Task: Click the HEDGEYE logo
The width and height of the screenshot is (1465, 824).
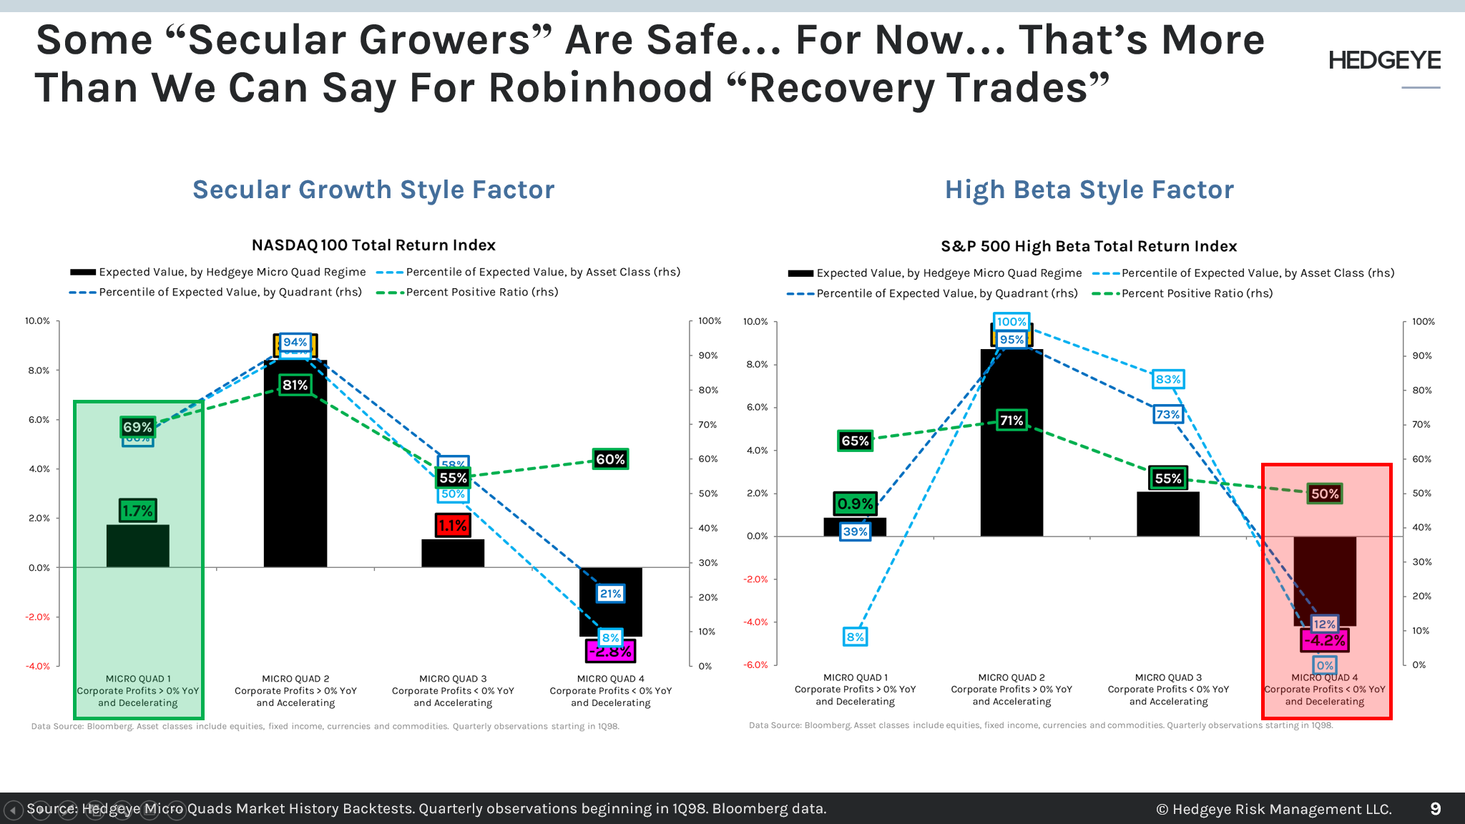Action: coord(1384,61)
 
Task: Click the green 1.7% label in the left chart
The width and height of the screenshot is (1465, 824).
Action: coord(137,511)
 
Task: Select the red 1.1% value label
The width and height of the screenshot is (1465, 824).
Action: coord(452,526)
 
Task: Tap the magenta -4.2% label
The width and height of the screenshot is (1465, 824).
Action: coord(1324,641)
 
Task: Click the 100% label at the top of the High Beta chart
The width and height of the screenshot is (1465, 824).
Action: coord(1011,322)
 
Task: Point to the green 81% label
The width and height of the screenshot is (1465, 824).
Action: coord(295,386)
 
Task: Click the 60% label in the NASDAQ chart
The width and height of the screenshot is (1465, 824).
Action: coord(610,459)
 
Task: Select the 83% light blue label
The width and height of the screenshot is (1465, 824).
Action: coord(1167,379)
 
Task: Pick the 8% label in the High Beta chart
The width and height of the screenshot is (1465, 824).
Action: coord(855,637)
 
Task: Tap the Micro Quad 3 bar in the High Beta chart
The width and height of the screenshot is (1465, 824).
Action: coord(1167,515)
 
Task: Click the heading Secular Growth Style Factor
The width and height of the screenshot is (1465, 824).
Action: coord(373,190)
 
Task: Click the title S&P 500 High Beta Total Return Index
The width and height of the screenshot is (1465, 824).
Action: coord(1089,246)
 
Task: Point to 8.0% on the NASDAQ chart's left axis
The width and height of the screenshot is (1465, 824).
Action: coord(39,371)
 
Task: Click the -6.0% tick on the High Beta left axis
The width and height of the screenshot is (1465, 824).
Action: coord(755,664)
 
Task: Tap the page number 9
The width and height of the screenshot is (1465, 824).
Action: coord(1435,809)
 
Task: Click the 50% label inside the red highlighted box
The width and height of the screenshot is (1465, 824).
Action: coord(1324,494)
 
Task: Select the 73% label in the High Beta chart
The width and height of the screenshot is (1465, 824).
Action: coord(1167,414)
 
